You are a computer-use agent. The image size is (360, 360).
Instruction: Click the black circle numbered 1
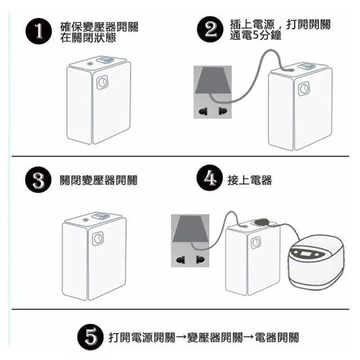click(x=39, y=31)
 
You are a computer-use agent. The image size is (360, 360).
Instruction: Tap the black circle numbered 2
click(x=210, y=29)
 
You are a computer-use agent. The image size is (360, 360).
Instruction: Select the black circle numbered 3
click(x=38, y=179)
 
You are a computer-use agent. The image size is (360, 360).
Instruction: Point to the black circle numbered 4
click(x=210, y=178)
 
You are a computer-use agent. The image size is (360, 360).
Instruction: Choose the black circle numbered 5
click(x=91, y=337)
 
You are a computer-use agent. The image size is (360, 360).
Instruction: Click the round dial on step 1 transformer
click(x=102, y=83)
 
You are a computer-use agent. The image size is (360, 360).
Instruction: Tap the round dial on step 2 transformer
click(x=304, y=89)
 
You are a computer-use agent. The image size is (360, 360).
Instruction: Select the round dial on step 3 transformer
click(x=98, y=238)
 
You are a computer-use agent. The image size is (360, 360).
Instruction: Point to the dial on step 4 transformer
click(x=256, y=242)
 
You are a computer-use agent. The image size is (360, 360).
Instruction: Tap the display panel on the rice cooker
click(x=305, y=254)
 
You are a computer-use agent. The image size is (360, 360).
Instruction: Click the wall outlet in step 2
click(x=213, y=92)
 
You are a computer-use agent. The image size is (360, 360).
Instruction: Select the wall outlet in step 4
click(x=190, y=241)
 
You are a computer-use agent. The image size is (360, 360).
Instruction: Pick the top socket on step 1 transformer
click(x=105, y=60)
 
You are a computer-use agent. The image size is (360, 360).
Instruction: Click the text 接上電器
click(x=250, y=180)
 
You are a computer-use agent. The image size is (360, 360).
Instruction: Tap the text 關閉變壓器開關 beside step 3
click(x=98, y=180)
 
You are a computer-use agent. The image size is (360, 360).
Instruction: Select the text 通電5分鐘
click(x=255, y=35)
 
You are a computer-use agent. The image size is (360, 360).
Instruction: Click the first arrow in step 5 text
click(x=181, y=337)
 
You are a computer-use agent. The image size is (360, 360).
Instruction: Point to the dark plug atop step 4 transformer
click(x=262, y=222)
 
